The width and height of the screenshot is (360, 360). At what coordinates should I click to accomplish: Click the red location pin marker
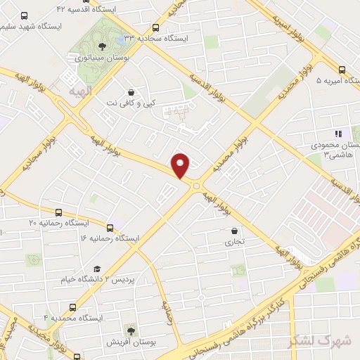(181, 165)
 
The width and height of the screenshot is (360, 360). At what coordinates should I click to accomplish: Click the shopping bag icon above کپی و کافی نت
(131, 92)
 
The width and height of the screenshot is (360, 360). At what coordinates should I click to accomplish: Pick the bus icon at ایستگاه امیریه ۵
(342, 70)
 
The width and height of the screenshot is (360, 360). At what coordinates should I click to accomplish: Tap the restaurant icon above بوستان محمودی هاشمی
(337, 134)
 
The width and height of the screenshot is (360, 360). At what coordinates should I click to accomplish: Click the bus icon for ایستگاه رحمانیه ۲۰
(58, 212)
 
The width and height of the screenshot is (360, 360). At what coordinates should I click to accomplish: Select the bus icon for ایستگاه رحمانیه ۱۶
(110, 228)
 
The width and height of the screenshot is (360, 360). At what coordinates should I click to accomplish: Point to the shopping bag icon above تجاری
(233, 230)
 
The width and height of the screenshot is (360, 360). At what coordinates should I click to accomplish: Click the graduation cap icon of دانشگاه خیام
(97, 269)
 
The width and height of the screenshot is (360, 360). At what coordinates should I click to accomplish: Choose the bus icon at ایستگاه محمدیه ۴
(74, 307)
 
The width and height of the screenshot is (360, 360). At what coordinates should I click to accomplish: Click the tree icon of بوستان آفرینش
(130, 330)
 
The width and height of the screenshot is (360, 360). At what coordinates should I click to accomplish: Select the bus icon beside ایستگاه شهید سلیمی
(25, 15)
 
